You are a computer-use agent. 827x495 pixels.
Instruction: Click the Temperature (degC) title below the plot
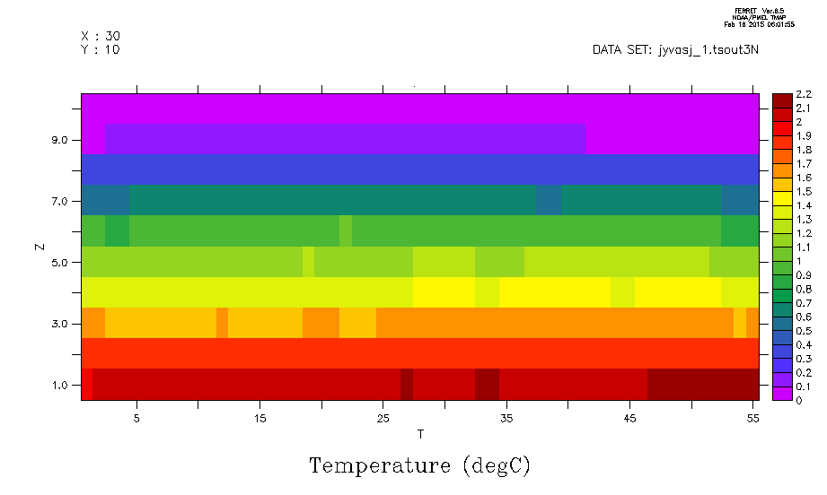point(419,466)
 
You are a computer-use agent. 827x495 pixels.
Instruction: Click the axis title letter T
point(420,434)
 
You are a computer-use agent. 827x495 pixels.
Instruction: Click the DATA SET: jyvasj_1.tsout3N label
point(675,49)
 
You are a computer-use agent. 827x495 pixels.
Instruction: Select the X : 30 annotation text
point(100,36)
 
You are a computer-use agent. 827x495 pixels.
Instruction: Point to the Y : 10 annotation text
point(100,49)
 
